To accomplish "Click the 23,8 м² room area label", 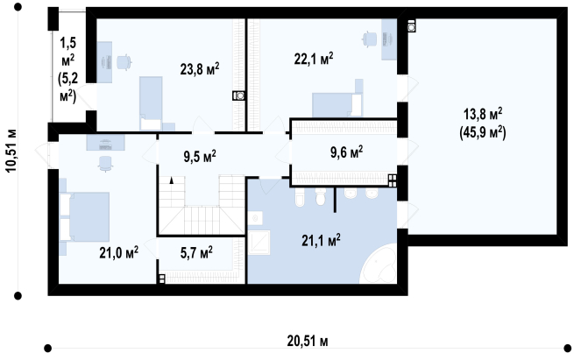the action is pos(200,68).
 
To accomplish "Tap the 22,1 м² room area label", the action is pos(314,58).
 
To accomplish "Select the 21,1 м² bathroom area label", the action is pos(321,240).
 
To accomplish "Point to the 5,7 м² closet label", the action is pos(196,252).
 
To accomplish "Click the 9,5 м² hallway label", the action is pos(200,156).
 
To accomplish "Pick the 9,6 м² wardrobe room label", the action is pos(347,152).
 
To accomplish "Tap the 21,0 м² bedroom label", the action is pos(118,252).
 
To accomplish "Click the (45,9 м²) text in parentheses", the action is pos(483,132).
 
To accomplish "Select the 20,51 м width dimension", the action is pos(308,341).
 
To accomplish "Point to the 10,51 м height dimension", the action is pos(11,150).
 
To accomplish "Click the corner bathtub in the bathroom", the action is pos(379,265).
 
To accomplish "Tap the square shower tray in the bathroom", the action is pos(259,243).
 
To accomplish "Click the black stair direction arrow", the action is pos(171,180).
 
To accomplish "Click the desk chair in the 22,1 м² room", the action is pos(370,39).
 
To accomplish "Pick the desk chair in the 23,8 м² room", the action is pos(124,62).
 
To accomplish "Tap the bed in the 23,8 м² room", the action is pos(151,103).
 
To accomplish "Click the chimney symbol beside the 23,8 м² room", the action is pos(238,95).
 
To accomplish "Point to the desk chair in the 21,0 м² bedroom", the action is pos(105,164).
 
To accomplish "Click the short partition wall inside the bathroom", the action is pos(335,200).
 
